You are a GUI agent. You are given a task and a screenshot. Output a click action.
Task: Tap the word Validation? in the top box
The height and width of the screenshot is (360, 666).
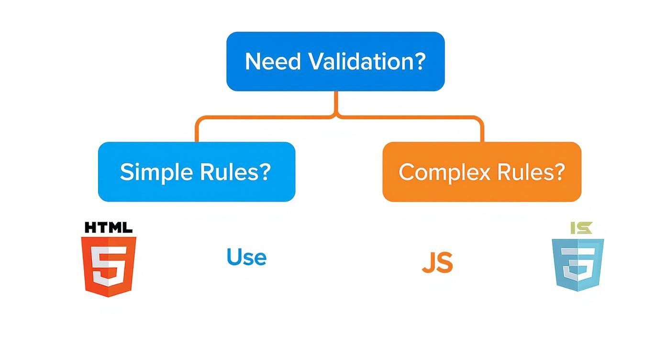click(366, 62)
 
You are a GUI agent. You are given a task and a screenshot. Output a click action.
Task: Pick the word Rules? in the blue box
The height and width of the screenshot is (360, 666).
click(232, 172)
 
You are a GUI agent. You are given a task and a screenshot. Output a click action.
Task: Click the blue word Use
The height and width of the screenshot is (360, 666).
click(246, 257)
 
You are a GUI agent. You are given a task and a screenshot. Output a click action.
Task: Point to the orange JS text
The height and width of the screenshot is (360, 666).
click(437, 263)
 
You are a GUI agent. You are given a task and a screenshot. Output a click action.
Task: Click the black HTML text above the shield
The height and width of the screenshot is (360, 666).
click(108, 227)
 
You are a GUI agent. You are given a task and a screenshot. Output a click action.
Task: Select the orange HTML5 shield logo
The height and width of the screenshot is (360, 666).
click(109, 266)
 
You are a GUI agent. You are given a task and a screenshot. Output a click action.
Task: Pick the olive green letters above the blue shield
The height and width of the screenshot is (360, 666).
click(581, 228)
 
